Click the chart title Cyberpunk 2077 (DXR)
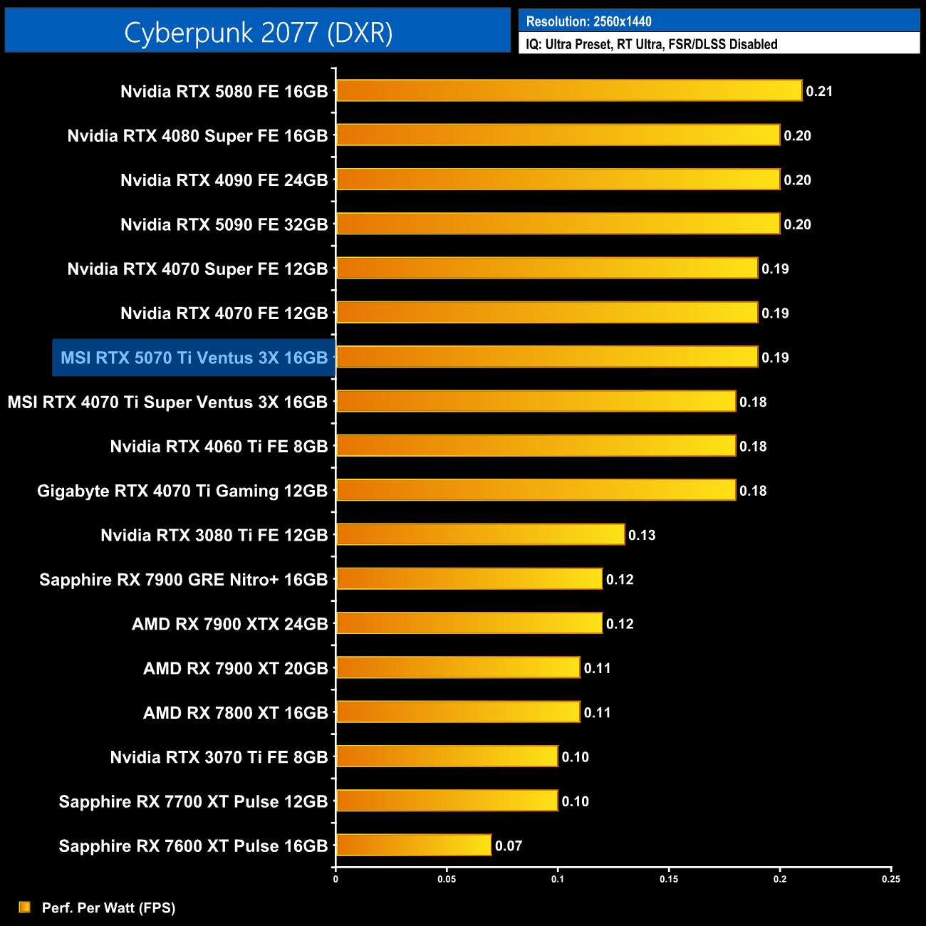[258, 32]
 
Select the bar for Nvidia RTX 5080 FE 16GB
[569, 90]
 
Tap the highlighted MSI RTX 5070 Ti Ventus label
[194, 358]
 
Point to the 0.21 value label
[819, 91]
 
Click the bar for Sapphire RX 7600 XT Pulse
[414, 845]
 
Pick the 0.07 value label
[509, 846]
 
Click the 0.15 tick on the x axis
[669, 879]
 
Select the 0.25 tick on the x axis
[891, 879]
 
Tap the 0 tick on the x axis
[335, 879]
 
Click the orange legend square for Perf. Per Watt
[24, 907]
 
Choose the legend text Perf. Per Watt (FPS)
[108, 907]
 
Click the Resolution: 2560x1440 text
[588, 21]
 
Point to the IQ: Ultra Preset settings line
[651, 44]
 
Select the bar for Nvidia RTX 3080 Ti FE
[481, 534]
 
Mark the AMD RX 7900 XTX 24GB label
[229, 624]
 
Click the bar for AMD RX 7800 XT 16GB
[458, 712]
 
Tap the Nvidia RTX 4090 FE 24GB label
[224, 180]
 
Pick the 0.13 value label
[642, 535]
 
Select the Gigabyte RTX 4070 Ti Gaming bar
[536, 490]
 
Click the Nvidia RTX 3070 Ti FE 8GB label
[219, 757]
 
